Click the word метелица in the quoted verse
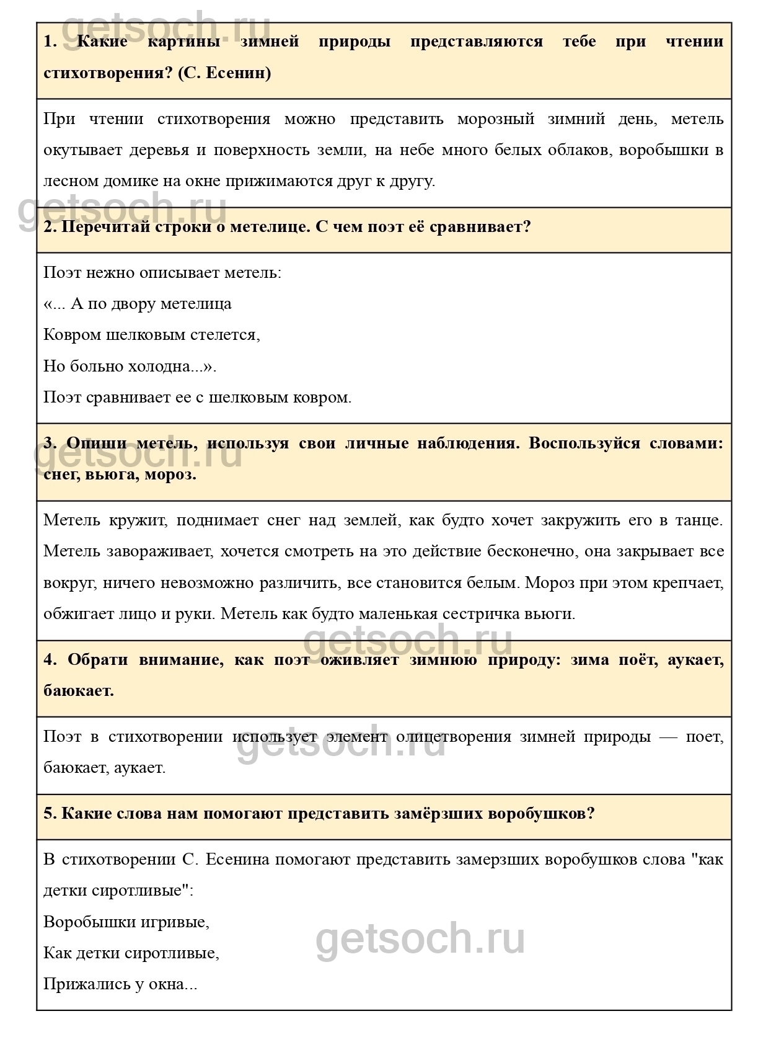coord(196,304)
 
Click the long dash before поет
coord(668,737)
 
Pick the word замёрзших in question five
coord(438,814)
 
